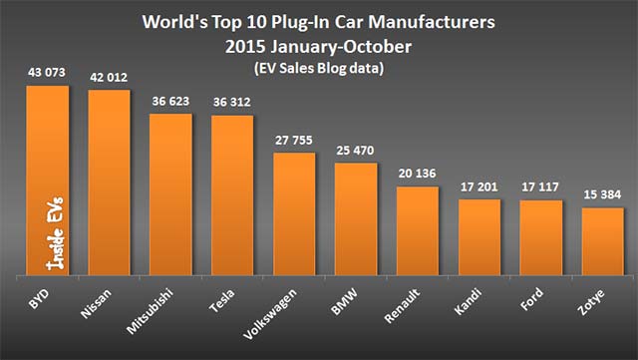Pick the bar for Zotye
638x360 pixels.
(x=603, y=240)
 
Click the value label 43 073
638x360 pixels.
(x=47, y=75)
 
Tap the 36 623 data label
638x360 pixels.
(x=170, y=102)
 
